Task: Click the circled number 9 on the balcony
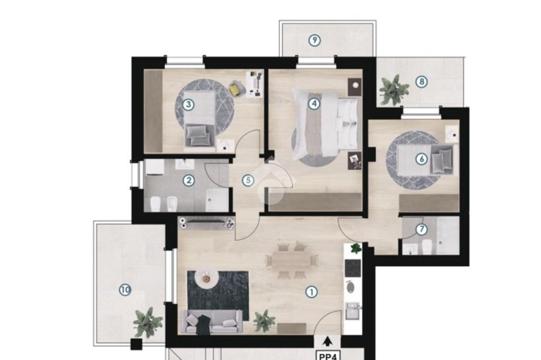pos(314,40)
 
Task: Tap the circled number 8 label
pos(421,82)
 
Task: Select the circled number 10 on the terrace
pos(125,290)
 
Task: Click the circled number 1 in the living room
pos(312,292)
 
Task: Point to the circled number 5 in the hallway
pos(248,180)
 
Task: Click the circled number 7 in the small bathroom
pos(421,229)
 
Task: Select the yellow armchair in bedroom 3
pos(236,88)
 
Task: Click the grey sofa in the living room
pos(212,321)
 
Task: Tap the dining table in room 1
pos(291,260)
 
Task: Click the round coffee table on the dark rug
pos(206,278)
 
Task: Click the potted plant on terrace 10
pos(147,323)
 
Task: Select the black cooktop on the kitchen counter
pos(352,268)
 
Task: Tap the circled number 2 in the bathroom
pos(189,180)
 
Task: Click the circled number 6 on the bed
pos(421,159)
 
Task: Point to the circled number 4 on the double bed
pos(314,103)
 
